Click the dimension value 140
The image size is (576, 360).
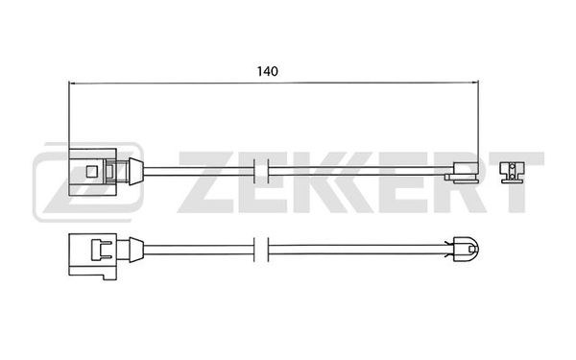click(x=268, y=71)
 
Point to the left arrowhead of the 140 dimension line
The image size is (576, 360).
click(x=72, y=84)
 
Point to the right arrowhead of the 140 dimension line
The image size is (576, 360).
click(x=475, y=83)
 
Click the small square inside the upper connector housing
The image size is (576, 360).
click(x=91, y=171)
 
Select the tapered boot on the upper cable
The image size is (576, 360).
click(x=136, y=171)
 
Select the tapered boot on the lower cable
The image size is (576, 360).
click(x=136, y=250)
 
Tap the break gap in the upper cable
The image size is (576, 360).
click(x=261, y=171)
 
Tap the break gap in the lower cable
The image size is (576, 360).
click(x=261, y=250)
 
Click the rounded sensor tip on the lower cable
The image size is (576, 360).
click(x=466, y=250)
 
